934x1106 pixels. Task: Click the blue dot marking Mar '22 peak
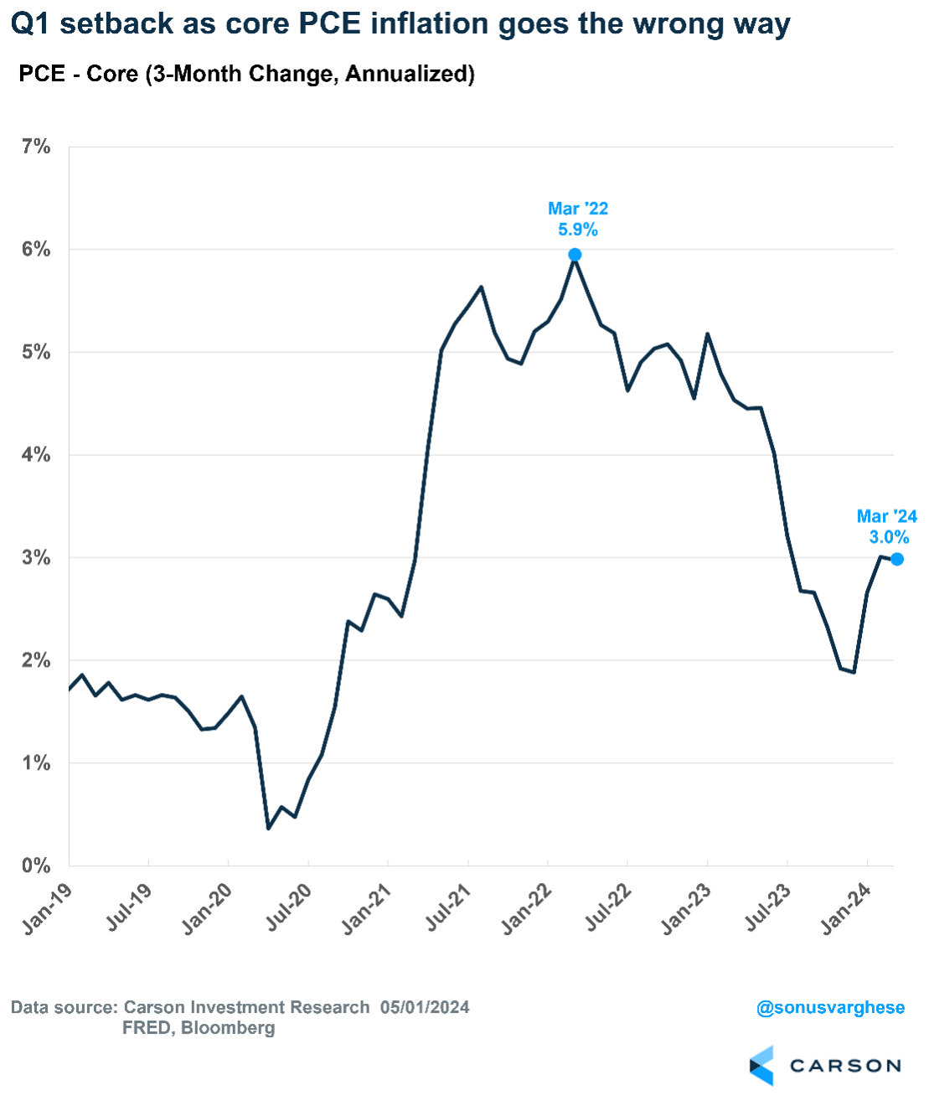tap(575, 255)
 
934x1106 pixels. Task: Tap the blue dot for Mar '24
tap(897, 559)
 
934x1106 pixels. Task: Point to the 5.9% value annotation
tap(578, 230)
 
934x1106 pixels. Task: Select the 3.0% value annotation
tap(889, 538)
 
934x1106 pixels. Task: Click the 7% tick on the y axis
tap(36, 147)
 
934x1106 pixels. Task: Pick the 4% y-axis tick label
tap(36, 455)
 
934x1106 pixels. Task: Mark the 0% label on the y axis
tap(36, 866)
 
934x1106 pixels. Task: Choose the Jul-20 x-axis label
tap(289, 907)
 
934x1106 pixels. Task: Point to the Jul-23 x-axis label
tap(768, 907)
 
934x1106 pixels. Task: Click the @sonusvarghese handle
tap(830, 1007)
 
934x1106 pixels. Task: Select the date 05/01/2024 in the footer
tap(425, 1007)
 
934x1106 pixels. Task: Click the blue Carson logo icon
tap(761, 1066)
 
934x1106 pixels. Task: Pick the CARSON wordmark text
tap(845, 1066)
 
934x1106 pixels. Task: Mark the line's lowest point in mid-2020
tap(268, 829)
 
